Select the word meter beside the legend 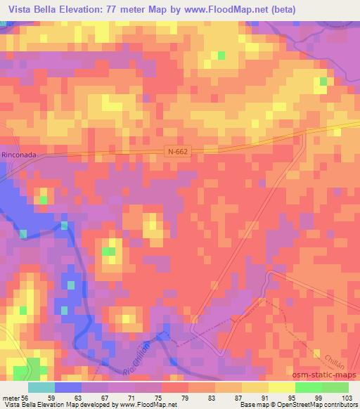click(11, 397)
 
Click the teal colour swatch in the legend click(41, 387)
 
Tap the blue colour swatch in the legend click(68, 387)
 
